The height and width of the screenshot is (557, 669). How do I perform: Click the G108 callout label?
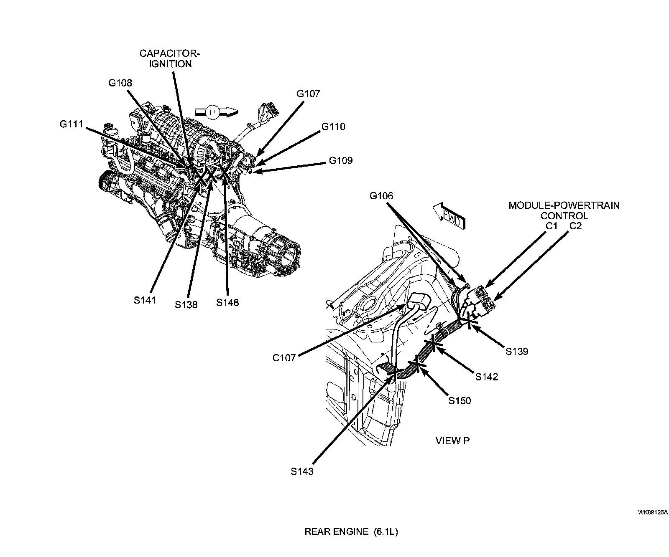120,83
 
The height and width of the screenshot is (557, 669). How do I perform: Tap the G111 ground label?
71,124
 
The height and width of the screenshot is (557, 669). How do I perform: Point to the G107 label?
308,94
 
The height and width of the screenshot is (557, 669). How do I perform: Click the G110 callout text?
333,127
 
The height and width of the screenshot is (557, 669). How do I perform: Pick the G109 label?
340,160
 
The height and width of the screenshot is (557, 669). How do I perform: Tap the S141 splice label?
145,300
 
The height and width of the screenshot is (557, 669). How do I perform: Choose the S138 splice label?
186,304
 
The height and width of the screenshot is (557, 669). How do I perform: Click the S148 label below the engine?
227,302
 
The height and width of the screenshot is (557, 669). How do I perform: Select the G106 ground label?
381,196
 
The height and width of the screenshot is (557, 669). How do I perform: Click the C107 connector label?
284,358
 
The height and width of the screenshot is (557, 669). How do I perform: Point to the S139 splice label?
517,351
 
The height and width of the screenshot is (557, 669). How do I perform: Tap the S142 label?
487,377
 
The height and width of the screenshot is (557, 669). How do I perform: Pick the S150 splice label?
460,401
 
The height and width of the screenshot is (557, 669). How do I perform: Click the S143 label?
302,471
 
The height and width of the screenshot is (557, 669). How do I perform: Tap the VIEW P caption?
452,441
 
